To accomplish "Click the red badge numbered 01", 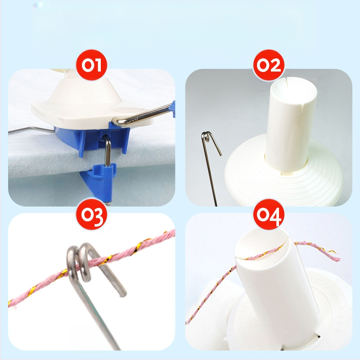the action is click(x=91, y=65).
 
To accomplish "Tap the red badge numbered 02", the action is click(x=269, y=65).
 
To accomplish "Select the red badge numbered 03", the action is click(x=91, y=215).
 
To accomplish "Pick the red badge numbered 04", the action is click(x=269, y=215).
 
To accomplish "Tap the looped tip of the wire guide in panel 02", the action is click(x=207, y=137).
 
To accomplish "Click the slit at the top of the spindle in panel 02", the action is click(x=286, y=82).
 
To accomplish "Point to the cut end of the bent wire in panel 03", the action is click(x=123, y=294).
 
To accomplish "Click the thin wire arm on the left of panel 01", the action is click(x=31, y=130).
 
